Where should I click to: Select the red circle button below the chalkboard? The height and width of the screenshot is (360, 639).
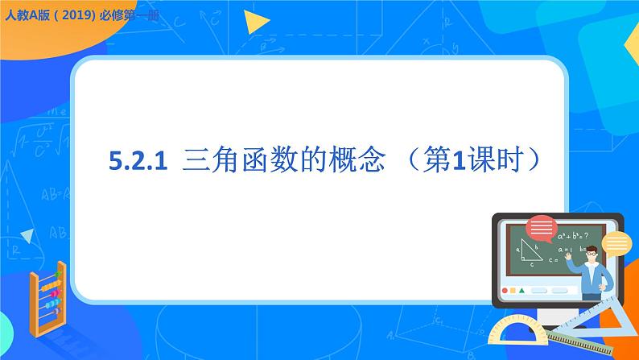[505, 290]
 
